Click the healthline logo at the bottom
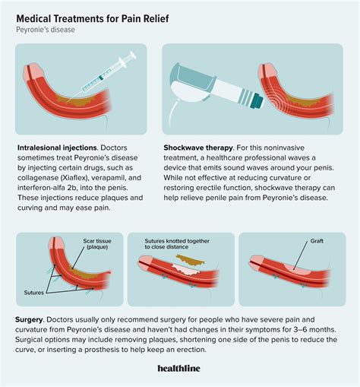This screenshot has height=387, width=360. (178, 368)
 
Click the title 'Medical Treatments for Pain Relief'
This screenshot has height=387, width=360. (93, 19)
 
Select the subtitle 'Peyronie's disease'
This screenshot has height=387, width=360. (46, 30)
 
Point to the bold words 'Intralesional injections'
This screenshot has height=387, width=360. (57, 148)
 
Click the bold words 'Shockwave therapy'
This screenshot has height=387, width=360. (198, 148)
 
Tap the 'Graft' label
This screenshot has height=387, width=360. (317, 241)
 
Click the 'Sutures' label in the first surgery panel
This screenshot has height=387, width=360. (34, 293)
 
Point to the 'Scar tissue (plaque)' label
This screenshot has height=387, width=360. (97, 244)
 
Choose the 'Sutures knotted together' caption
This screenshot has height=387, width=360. (177, 241)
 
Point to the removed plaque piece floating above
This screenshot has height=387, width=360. (191, 260)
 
